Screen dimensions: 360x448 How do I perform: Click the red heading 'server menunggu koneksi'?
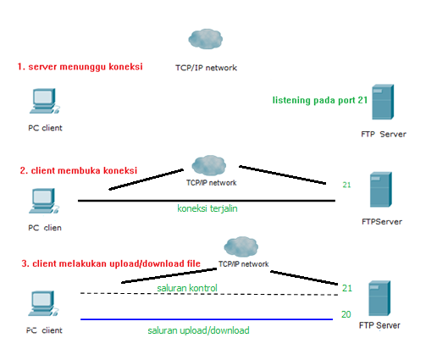(80, 66)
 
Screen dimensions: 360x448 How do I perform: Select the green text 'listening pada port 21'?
(318, 100)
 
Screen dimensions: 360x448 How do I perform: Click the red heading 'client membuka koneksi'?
(79, 169)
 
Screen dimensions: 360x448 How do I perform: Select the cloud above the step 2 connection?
(208, 163)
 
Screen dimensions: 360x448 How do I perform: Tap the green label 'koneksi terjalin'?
(207, 208)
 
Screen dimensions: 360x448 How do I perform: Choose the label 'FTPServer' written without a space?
(381, 222)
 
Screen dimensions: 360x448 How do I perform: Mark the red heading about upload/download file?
(110, 263)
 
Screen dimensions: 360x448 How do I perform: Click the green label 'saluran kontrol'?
(187, 288)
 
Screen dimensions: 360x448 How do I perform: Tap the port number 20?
(346, 313)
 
